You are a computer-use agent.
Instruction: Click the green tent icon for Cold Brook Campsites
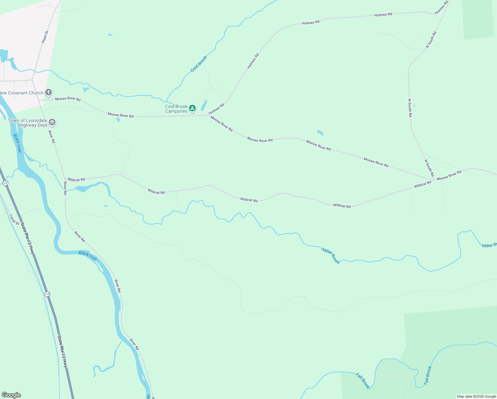[x=192, y=108]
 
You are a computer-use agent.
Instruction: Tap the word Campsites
[x=176, y=111]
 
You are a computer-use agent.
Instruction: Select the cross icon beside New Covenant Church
[x=49, y=92]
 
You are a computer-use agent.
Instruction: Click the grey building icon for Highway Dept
[x=52, y=122]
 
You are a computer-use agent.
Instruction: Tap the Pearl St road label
[x=45, y=37]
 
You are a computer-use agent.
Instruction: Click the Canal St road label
[x=14, y=219]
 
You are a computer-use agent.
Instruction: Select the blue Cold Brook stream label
[x=199, y=64]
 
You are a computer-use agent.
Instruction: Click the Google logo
[x=11, y=395]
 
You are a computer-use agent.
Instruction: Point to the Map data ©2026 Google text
[x=476, y=396]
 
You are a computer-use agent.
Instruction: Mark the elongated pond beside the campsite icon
[x=204, y=105]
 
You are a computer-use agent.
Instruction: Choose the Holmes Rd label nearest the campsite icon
[x=217, y=109]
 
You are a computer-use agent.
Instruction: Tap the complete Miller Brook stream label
[x=331, y=256]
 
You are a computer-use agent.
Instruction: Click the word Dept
[x=42, y=125]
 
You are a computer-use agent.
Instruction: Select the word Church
[x=36, y=93]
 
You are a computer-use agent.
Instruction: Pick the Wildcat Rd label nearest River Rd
[x=76, y=180]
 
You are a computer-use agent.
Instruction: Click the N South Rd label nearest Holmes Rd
[x=431, y=40]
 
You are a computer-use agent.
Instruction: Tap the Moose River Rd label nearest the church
[x=68, y=99]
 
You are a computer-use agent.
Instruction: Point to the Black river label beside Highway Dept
[x=17, y=143]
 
